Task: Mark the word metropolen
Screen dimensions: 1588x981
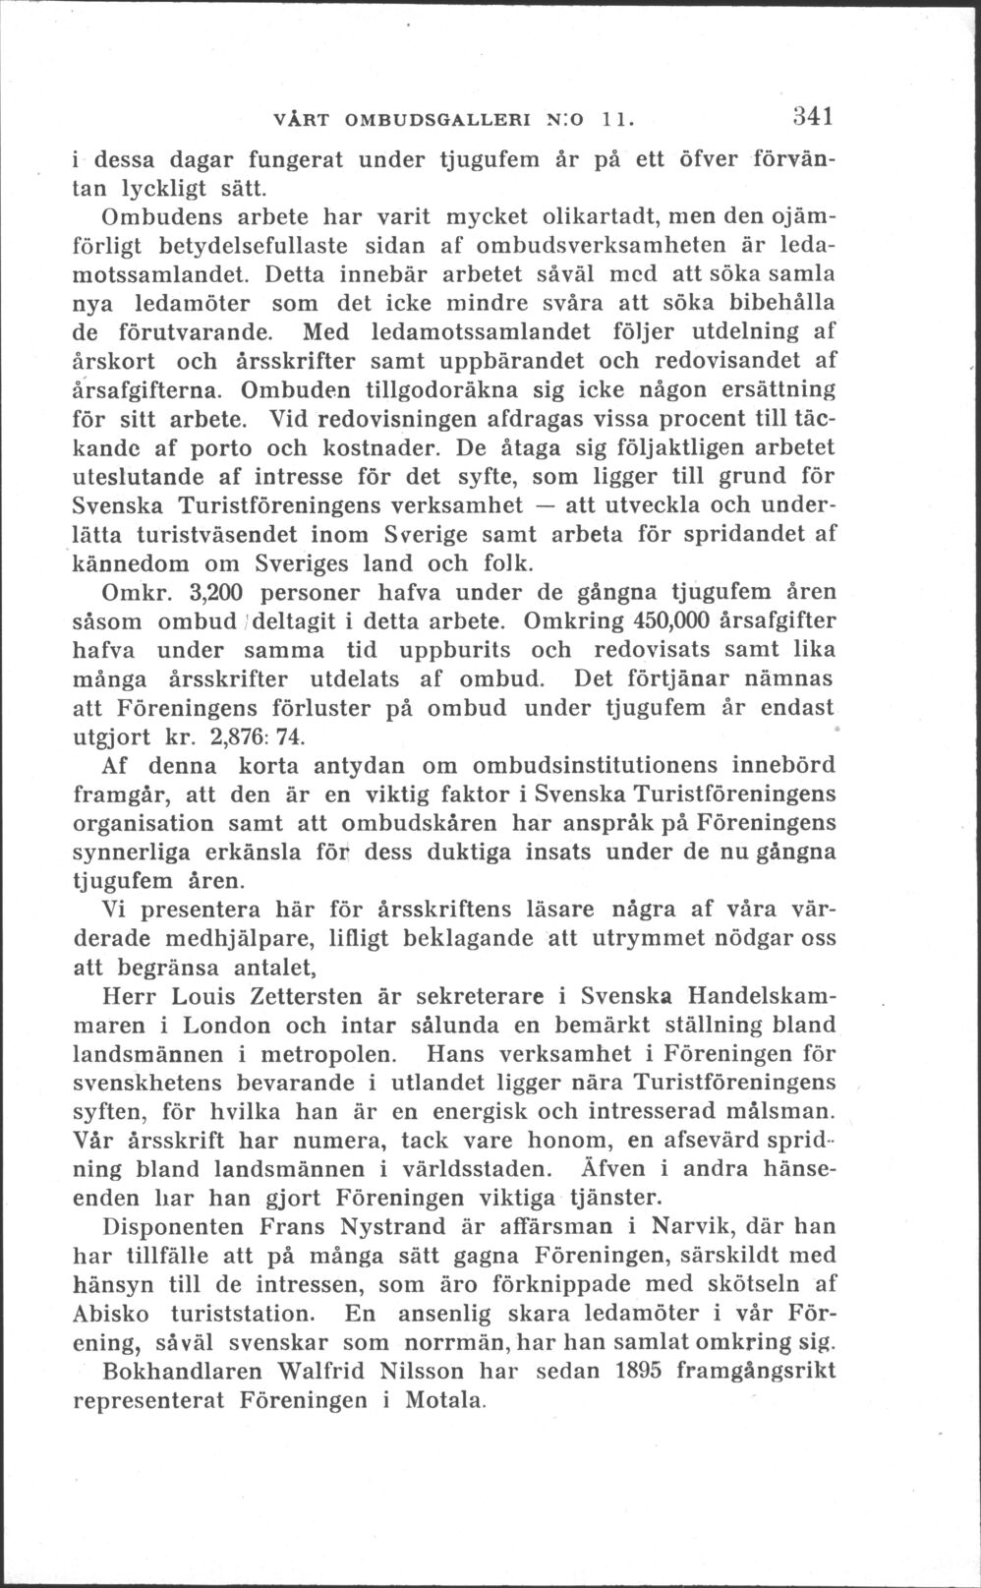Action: click(x=327, y=1054)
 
